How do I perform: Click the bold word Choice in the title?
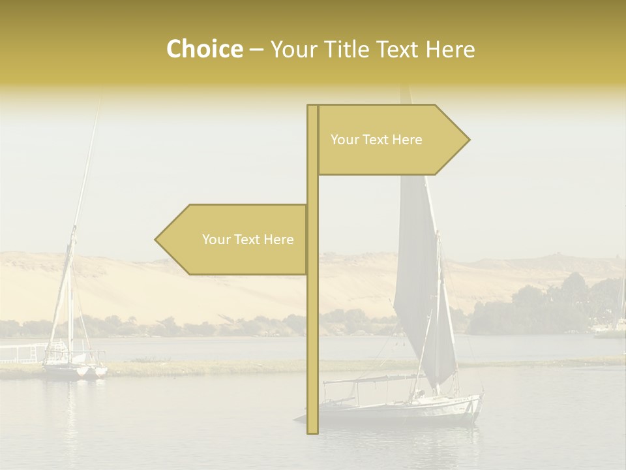[x=204, y=49]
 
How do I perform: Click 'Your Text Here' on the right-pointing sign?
[x=376, y=140]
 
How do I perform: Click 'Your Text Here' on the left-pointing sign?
[x=248, y=240]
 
